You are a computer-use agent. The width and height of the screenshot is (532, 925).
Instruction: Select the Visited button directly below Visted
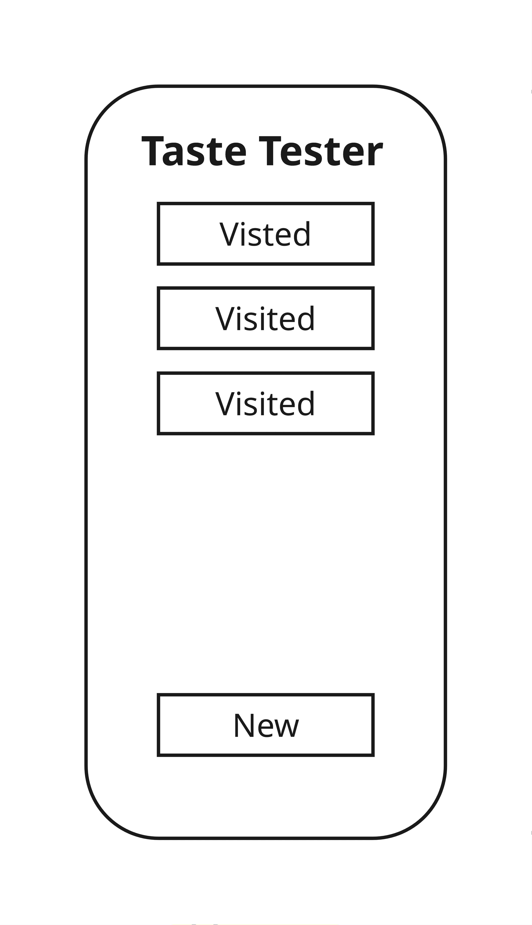click(x=266, y=318)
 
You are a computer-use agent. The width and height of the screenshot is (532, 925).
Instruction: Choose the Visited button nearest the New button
click(x=266, y=403)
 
